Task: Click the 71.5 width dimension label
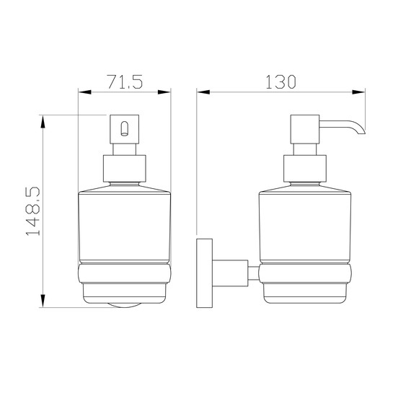point(125,81)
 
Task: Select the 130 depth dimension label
point(280,81)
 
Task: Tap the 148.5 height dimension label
point(32,211)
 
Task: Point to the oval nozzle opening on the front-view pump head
point(125,128)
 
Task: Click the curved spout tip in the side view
point(361,131)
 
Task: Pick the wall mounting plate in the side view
point(205,273)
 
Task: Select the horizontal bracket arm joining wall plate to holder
point(230,273)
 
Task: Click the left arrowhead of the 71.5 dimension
point(84,92)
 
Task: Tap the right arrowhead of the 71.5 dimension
point(164,92)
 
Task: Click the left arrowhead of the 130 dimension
point(203,92)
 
